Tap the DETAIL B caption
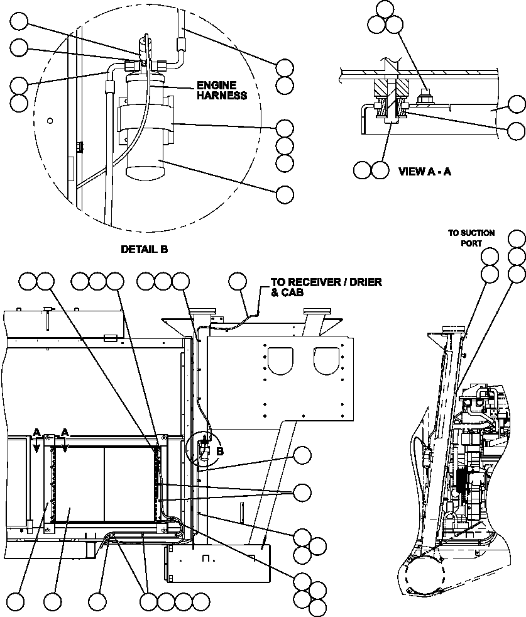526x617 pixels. [x=144, y=249]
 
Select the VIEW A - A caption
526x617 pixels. [x=425, y=170]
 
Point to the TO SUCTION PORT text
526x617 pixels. [x=471, y=238]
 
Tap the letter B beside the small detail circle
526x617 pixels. [x=219, y=451]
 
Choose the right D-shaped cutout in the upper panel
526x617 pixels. [x=327, y=361]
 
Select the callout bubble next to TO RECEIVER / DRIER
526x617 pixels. [x=237, y=282]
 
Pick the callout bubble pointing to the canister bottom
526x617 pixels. [x=285, y=195]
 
